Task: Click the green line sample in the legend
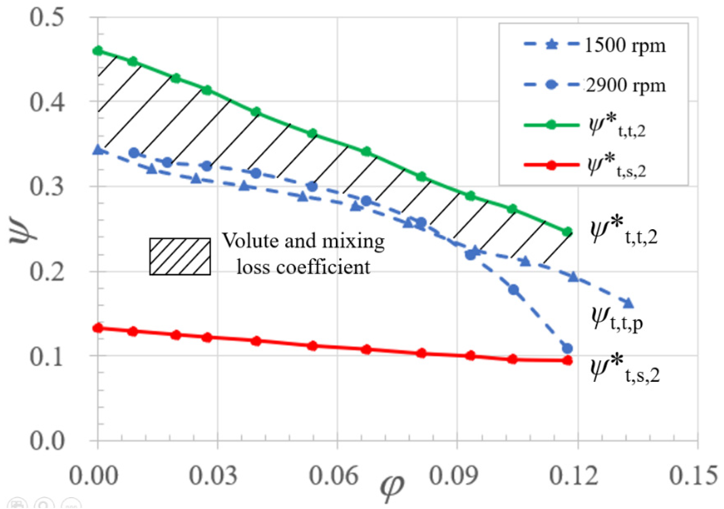pyautogui.click(x=551, y=125)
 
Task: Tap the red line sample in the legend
pyautogui.click(x=551, y=165)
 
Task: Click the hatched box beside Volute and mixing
pyautogui.click(x=180, y=256)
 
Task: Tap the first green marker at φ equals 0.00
pyautogui.click(x=98, y=51)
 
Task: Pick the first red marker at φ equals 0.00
pyautogui.click(x=98, y=328)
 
